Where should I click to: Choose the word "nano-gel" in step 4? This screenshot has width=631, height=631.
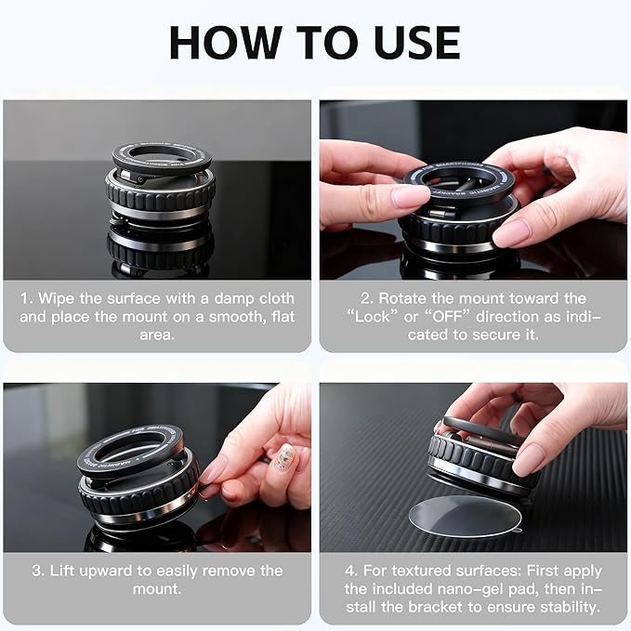click(x=459, y=588)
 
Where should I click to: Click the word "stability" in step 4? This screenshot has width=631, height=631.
click(x=566, y=606)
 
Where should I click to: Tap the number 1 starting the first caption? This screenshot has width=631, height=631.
click(x=25, y=298)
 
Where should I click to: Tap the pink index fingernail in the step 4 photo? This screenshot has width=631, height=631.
click(x=529, y=459)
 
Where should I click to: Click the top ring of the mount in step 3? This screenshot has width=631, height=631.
click(x=130, y=446)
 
